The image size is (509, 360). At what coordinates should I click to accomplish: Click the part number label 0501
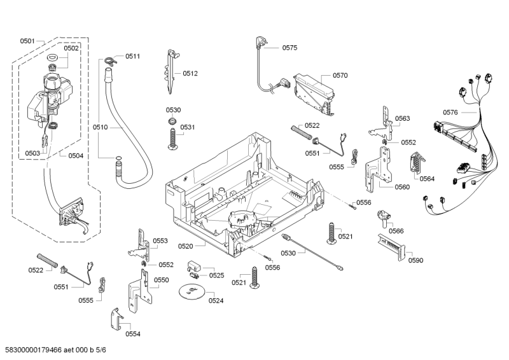27,41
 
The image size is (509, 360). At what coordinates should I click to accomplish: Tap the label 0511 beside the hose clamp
132,57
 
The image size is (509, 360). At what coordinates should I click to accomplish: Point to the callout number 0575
289,47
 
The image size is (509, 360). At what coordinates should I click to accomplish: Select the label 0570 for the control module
340,75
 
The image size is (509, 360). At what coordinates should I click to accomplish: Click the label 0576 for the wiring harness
450,113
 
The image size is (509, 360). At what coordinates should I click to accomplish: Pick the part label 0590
415,260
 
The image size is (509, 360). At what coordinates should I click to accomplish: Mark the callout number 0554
132,334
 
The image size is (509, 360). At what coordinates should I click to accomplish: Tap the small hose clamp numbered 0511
110,62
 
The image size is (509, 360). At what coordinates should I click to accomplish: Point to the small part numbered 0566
383,217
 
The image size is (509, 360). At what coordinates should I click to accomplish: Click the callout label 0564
427,179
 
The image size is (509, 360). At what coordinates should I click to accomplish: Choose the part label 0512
190,74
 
